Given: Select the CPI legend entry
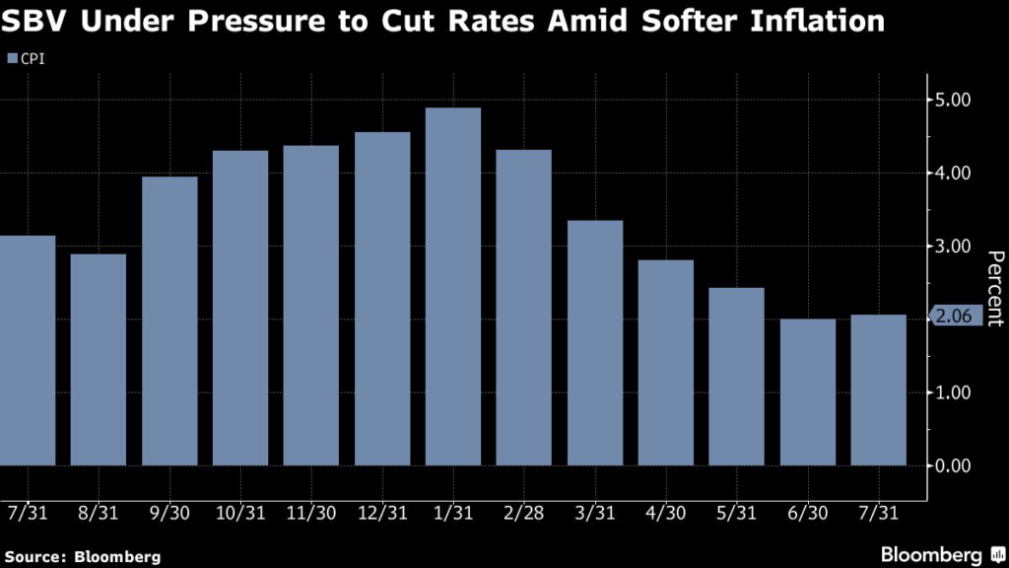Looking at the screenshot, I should pos(27,59).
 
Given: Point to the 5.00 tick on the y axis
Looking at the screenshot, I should pos(952,100).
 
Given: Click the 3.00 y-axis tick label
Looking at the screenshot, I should pos(952,246).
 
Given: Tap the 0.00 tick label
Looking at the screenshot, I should pos(952,465).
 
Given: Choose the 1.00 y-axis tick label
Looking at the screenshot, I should pos(952,392).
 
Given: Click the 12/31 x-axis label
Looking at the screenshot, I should pos(382,514).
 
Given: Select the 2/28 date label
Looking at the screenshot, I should pos(524,514).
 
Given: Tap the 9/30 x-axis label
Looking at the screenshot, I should pos(169,514).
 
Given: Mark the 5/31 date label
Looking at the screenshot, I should pos(737,514).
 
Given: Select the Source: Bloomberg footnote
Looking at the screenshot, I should pos(82,557).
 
